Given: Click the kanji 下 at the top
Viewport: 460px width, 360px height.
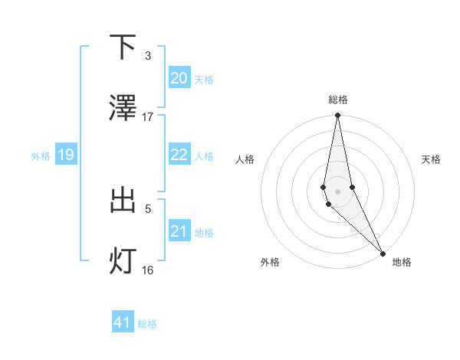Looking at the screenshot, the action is pos(123,47).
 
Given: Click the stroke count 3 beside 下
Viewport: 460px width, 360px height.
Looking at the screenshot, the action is pos(148,56).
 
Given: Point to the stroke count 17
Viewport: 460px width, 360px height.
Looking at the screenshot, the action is pos(148,116).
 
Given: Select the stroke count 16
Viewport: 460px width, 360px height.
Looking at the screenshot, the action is pos(148,270).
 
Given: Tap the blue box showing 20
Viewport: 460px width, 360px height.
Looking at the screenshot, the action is pos(179,78).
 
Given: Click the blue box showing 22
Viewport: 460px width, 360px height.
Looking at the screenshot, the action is pos(179,155).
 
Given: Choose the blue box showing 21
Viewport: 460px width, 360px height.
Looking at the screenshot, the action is pos(179,231).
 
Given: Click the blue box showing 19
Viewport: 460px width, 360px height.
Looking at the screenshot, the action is pos(66,155).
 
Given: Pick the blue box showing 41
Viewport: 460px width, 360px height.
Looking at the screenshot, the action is pos(123,322).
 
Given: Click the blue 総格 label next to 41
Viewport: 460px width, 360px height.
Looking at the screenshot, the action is pos(147,324).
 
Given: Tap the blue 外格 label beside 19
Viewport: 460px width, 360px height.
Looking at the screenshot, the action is pos(41,156).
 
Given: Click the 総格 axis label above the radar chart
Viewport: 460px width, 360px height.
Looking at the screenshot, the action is pos(338,100).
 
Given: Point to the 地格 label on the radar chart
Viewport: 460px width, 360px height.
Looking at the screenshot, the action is pos(402,262).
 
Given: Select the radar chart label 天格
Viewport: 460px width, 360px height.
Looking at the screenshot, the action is pos(431,159).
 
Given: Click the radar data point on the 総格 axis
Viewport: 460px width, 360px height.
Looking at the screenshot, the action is pos(338,116).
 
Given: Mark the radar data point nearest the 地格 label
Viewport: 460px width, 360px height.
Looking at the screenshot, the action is pos(383,253).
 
